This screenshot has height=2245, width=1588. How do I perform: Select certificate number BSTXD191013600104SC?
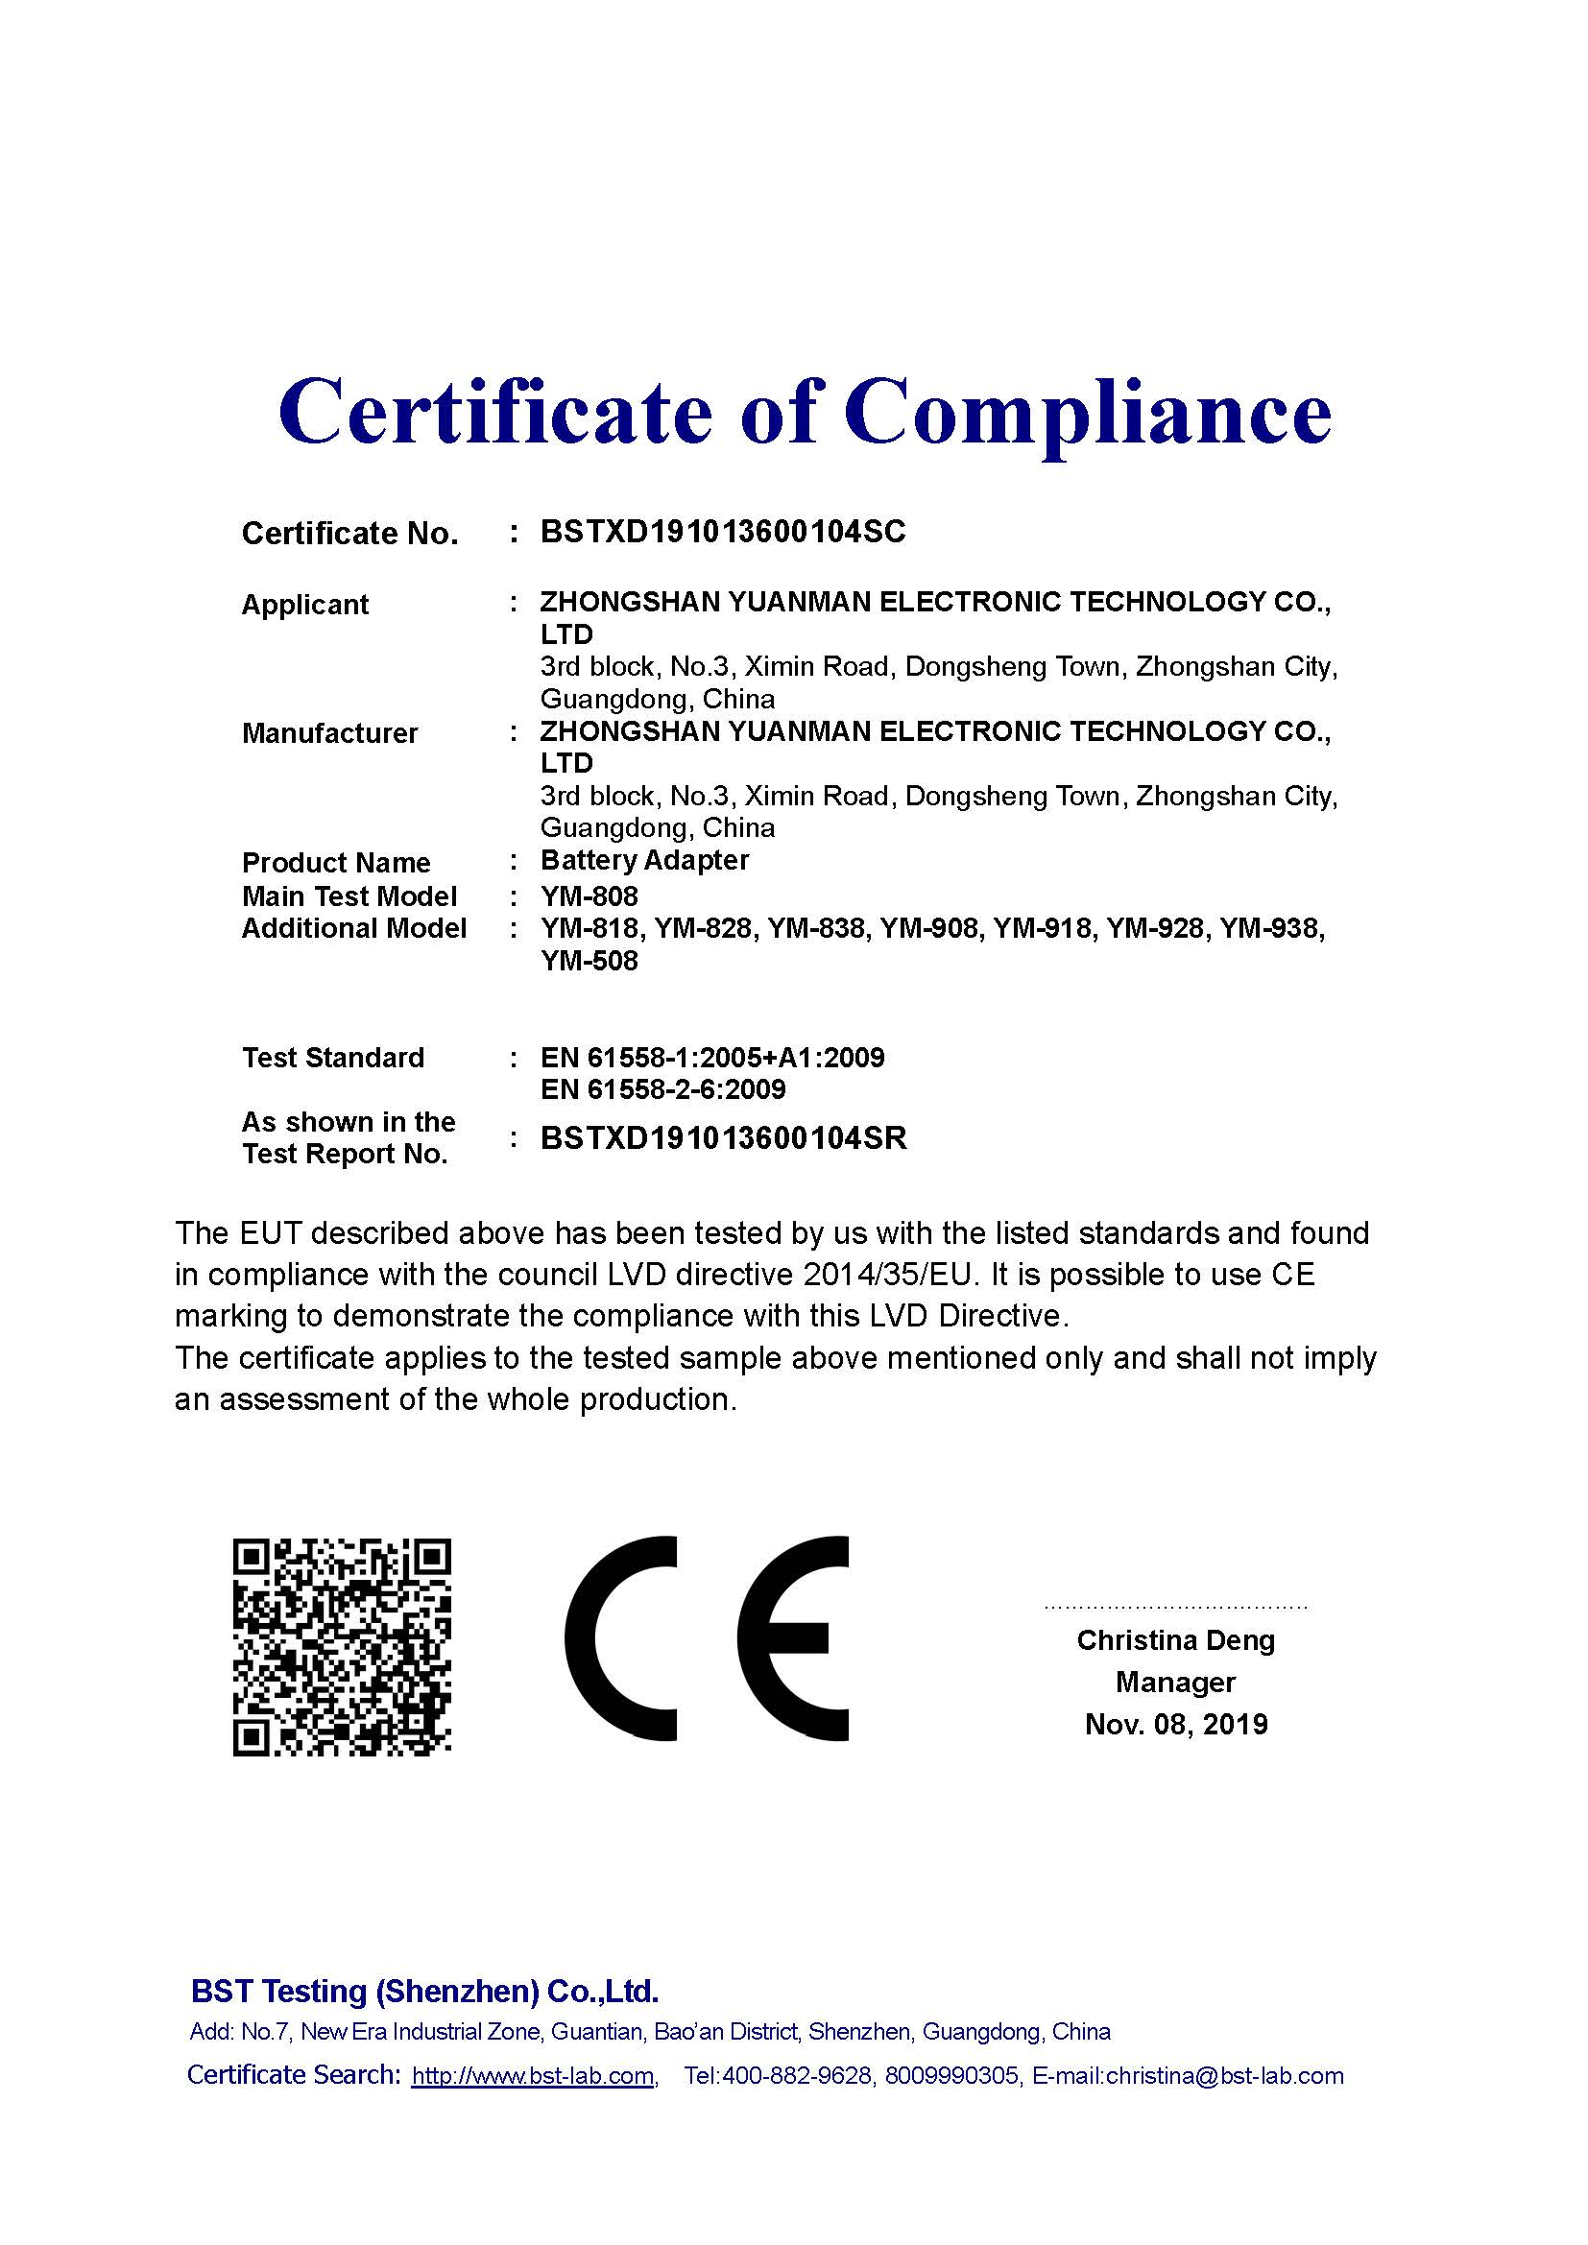coord(723,532)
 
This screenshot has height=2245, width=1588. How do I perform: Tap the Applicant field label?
coord(305,605)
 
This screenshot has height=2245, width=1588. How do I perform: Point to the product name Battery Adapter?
coord(644,860)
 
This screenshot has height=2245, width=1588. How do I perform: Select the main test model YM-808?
coord(589,896)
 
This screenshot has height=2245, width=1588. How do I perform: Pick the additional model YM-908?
coord(929,928)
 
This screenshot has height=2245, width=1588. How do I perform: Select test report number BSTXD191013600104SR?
coord(724,1138)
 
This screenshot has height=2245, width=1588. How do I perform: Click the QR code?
coord(341,1649)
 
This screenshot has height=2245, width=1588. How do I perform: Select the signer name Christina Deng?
coord(1175,1639)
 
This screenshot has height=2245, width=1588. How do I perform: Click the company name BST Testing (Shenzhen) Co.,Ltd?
coord(424,1991)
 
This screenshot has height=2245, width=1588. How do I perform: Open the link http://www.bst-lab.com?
coord(533,2076)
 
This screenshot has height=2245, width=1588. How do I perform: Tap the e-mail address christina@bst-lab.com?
coord(1224,2076)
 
